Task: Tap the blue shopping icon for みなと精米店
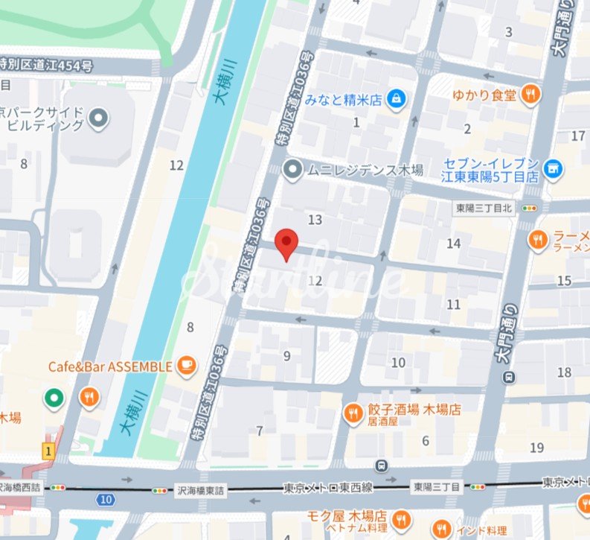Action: pyautogui.click(x=397, y=98)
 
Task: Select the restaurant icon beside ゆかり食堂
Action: pyautogui.click(x=530, y=94)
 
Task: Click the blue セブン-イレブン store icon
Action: pyautogui.click(x=553, y=169)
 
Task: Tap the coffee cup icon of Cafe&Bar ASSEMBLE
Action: pyautogui.click(x=186, y=365)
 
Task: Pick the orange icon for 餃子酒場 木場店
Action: pyautogui.click(x=353, y=410)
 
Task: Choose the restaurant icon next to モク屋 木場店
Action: pyautogui.click(x=401, y=518)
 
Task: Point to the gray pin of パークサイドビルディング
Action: pyautogui.click(x=99, y=117)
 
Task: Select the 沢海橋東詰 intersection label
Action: pyautogui.click(x=202, y=491)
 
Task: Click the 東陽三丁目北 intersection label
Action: pyautogui.click(x=484, y=209)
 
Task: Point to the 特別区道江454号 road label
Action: pyautogui.click(x=46, y=66)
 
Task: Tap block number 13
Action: pyautogui.click(x=315, y=219)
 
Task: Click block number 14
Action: pyautogui.click(x=453, y=243)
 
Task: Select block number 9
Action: pyautogui.click(x=286, y=355)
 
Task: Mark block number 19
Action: pyautogui.click(x=536, y=447)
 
